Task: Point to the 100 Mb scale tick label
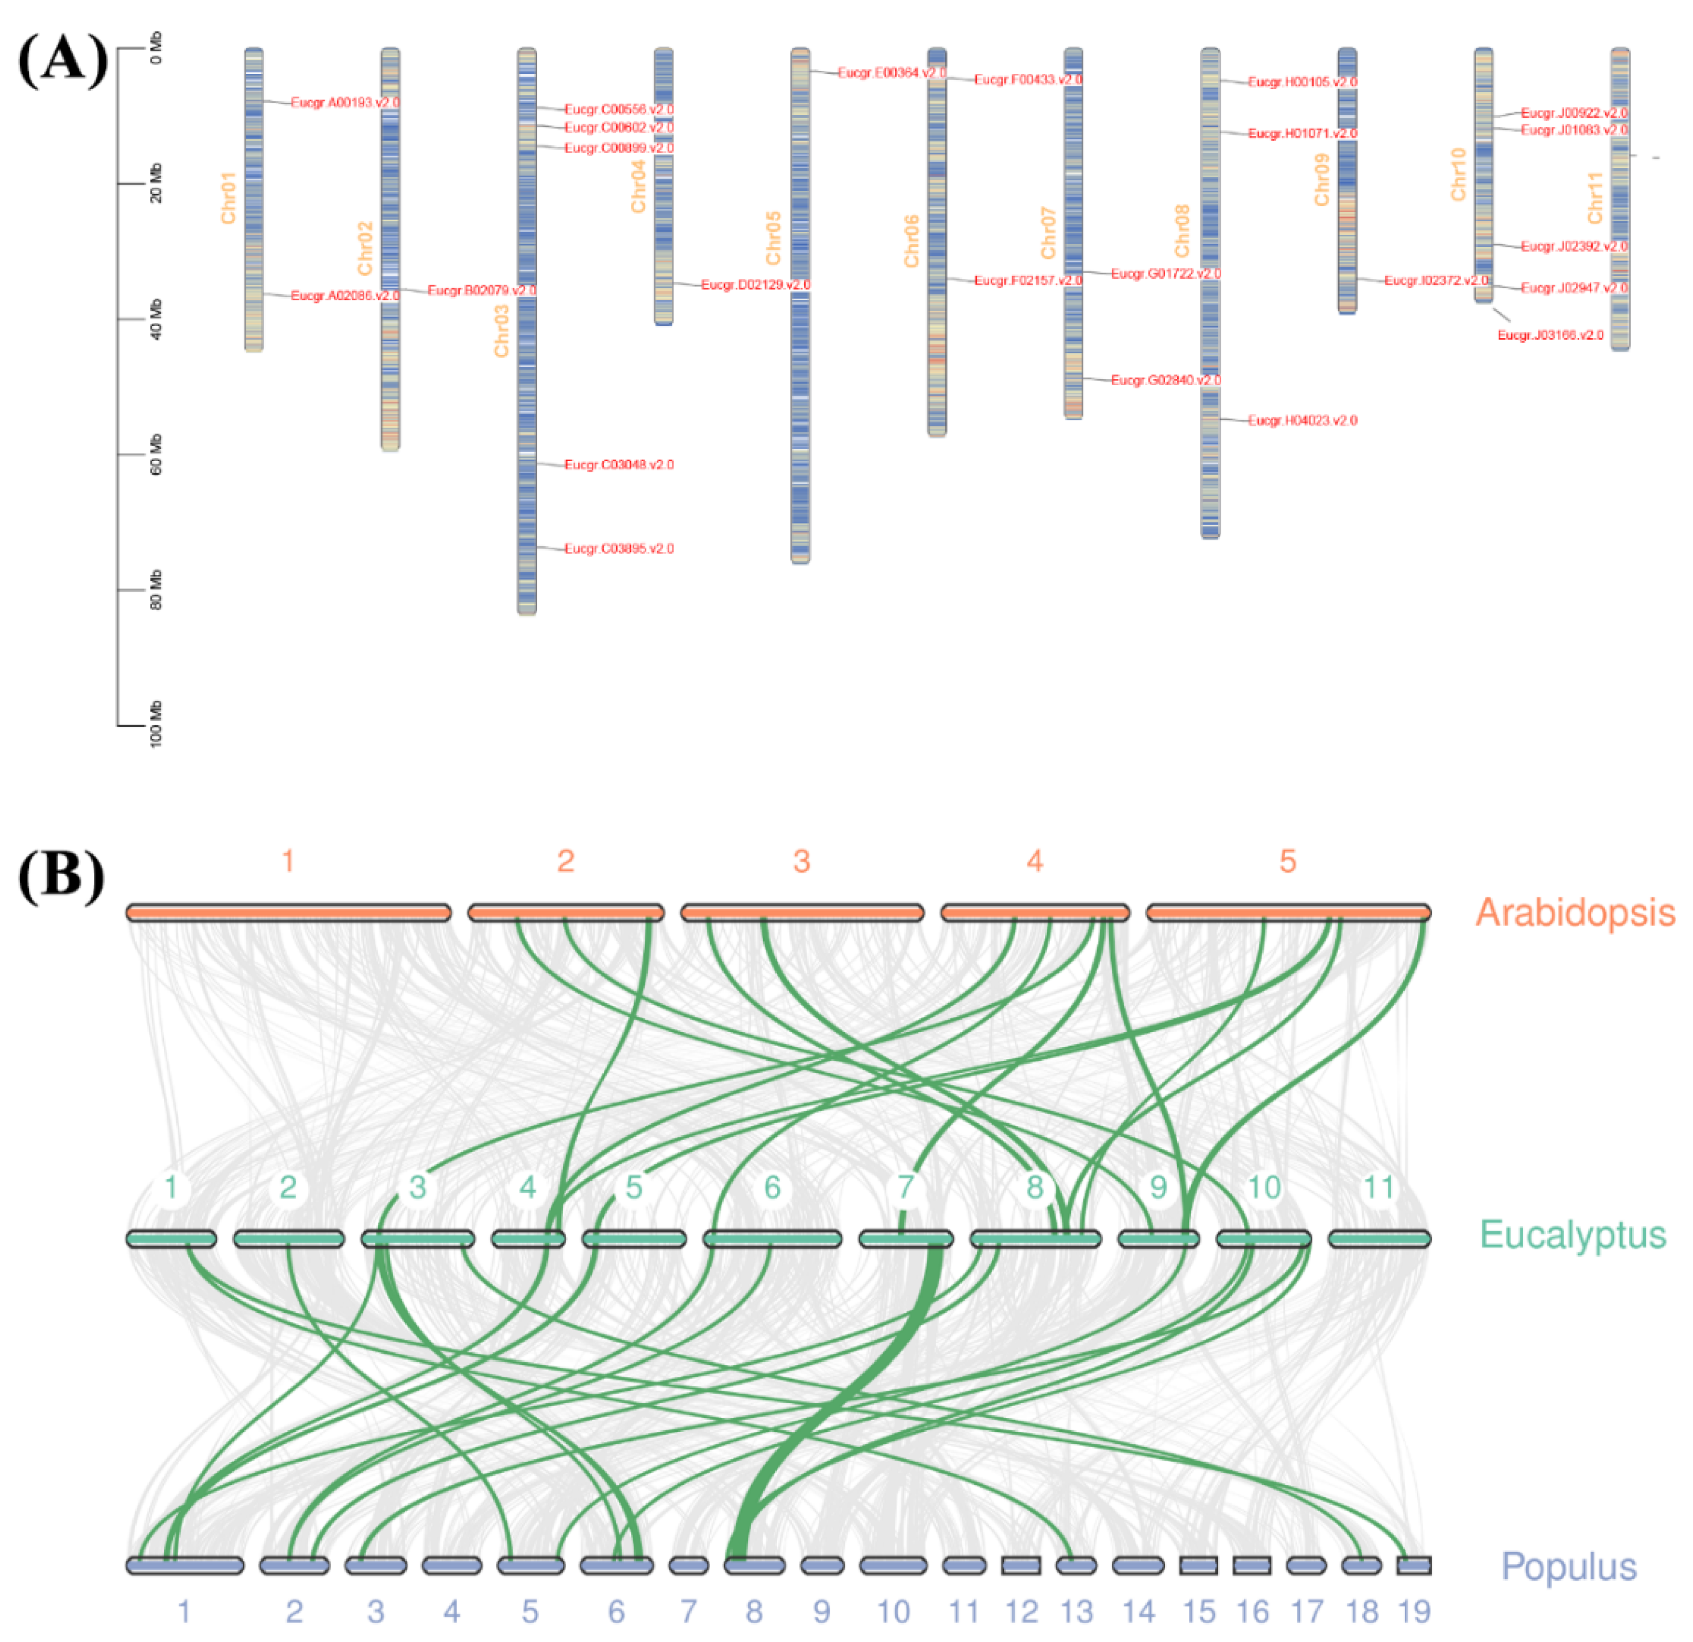pos(156,724)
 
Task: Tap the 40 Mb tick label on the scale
pos(156,319)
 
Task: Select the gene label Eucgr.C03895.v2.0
pos(618,549)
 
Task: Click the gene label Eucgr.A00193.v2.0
pos(345,103)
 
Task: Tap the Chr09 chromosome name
pos(1321,180)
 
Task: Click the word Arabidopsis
pos(1575,913)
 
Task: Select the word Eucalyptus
pos(1572,1235)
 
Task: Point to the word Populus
pos(1569,1567)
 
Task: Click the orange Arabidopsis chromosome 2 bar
pos(566,912)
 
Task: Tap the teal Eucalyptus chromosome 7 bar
pos(905,1238)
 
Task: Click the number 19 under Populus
pos(1414,1611)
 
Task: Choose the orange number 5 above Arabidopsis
pos(1287,861)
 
